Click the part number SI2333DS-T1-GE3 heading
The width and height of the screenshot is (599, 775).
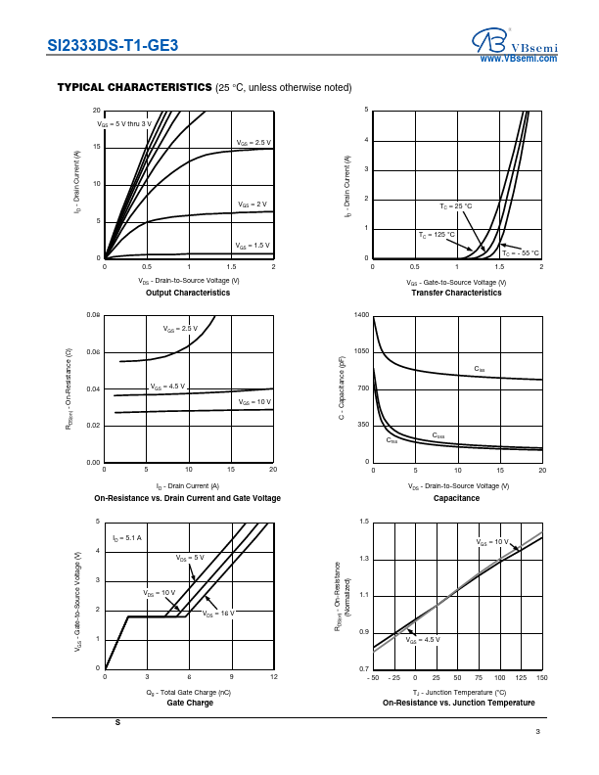[x=113, y=45]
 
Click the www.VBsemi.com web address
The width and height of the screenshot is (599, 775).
[x=518, y=60]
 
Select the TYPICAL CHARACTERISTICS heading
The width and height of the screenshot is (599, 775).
[x=134, y=87]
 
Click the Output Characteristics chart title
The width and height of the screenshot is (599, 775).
[x=188, y=293]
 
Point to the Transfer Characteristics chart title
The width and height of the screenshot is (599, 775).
[x=456, y=293]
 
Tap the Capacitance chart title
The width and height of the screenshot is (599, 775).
[x=456, y=498]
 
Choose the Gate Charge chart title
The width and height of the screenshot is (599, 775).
[x=190, y=703]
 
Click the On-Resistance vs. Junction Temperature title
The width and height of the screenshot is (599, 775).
[x=458, y=703]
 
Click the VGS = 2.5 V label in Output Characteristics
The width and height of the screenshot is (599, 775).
[x=253, y=143]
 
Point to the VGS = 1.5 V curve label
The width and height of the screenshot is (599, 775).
[x=253, y=246]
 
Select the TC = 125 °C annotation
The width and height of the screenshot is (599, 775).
[x=437, y=235]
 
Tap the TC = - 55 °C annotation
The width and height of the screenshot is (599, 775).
[x=522, y=252]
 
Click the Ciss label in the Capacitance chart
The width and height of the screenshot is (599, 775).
[x=480, y=369]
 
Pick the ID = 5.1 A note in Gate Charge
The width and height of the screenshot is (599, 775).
[x=127, y=538]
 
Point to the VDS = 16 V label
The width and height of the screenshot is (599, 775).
[x=219, y=614]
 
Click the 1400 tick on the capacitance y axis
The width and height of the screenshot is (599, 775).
[x=362, y=315]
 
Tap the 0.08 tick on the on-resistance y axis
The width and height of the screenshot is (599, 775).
[x=93, y=315]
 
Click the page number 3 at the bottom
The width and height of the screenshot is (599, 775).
[x=537, y=733]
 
